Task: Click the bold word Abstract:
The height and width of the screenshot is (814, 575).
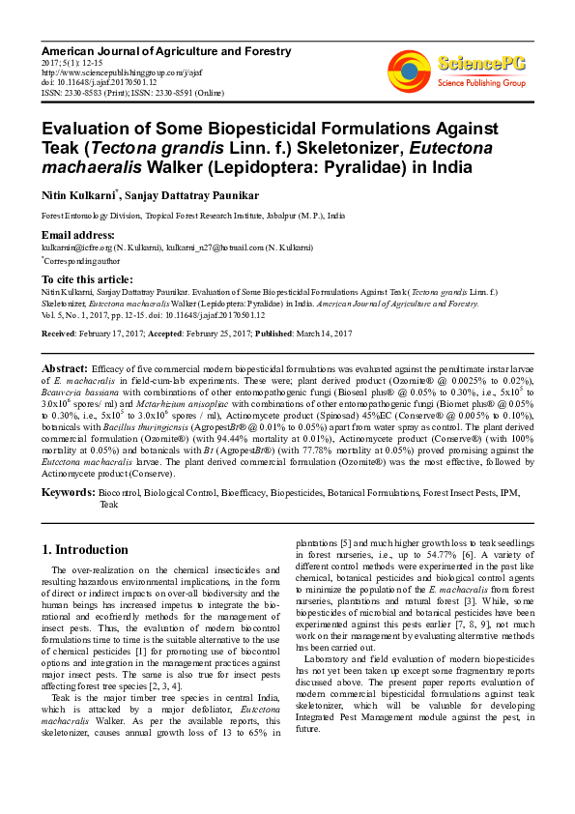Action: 65,369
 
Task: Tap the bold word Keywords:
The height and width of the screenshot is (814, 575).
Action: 68,493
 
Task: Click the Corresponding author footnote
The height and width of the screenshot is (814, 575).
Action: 81,260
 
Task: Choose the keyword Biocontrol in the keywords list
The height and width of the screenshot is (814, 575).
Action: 119,493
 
